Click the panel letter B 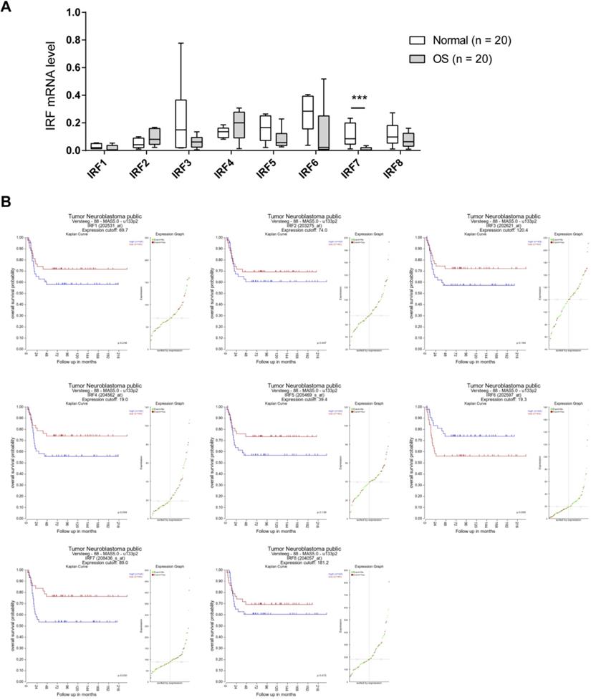[x=8, y=203]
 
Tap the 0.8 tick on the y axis [x=72, y=40]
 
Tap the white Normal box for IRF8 [x=393, y=134]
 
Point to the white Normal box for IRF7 [x=351, y=133]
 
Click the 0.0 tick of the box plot [x=72, y=150]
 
